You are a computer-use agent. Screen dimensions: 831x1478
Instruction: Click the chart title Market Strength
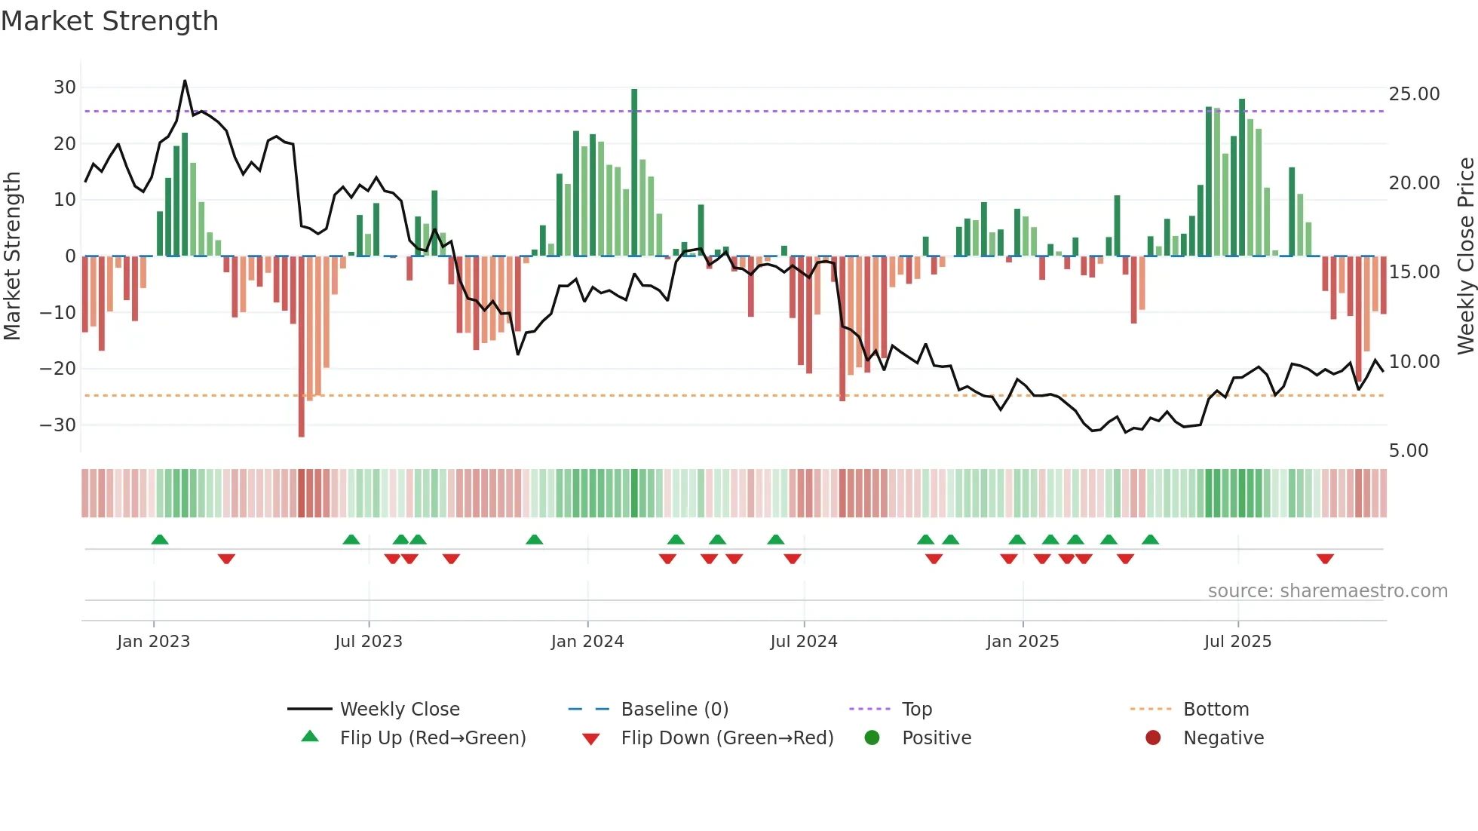point(109,21)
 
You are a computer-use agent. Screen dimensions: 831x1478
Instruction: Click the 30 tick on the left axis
point(65,87)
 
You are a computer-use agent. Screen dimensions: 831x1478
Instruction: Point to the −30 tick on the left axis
point(59,425)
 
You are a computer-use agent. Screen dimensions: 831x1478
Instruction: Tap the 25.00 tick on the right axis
point(1414,94)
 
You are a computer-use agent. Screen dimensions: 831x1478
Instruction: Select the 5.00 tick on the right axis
point(1408,451)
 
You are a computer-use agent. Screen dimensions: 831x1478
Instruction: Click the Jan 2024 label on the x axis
point(587,642)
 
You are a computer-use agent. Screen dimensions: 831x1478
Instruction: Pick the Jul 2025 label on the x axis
point(1237,642)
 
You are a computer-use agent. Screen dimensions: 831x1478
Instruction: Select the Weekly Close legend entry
point(399,710)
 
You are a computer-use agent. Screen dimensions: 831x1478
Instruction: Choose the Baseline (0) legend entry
point(674,710)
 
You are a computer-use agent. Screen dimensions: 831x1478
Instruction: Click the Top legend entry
point(916,710)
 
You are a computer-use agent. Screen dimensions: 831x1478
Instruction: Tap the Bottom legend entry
point(1216,710)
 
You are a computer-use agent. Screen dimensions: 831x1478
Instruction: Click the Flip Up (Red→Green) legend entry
point(432,738)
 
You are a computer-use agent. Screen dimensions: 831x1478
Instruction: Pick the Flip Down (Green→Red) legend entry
point(726,738)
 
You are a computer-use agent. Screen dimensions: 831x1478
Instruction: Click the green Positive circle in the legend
point(872,738)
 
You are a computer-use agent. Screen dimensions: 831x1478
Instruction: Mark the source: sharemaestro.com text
point(1327,591)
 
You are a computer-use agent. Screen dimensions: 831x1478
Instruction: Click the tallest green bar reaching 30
point(634,173)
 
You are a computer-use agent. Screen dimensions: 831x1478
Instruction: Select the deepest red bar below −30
point(302,347)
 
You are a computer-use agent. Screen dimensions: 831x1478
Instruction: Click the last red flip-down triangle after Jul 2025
point(1325,559)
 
